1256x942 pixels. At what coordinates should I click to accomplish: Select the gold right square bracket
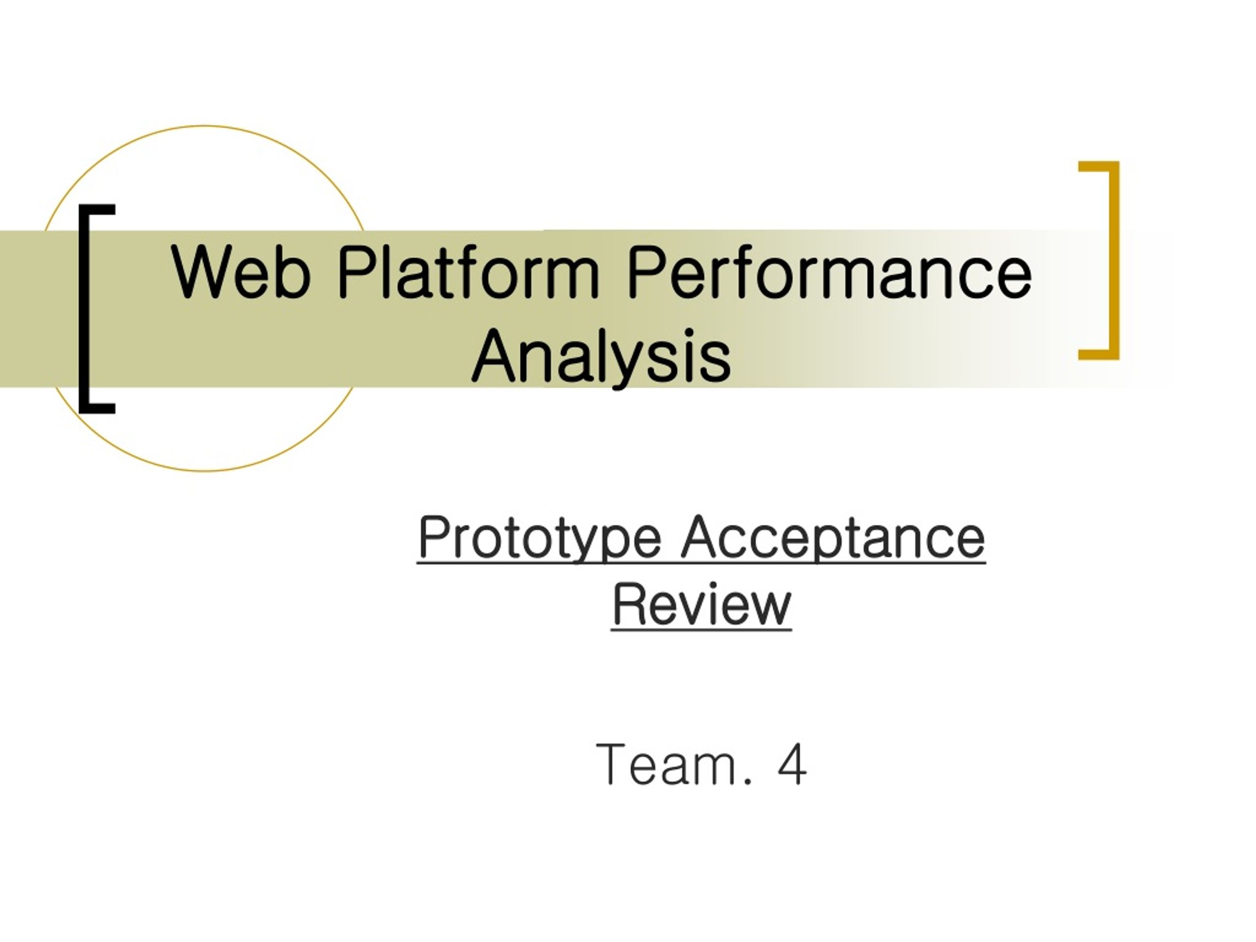pos(1114,261)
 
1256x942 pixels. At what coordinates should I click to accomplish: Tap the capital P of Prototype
pos(434,537)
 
